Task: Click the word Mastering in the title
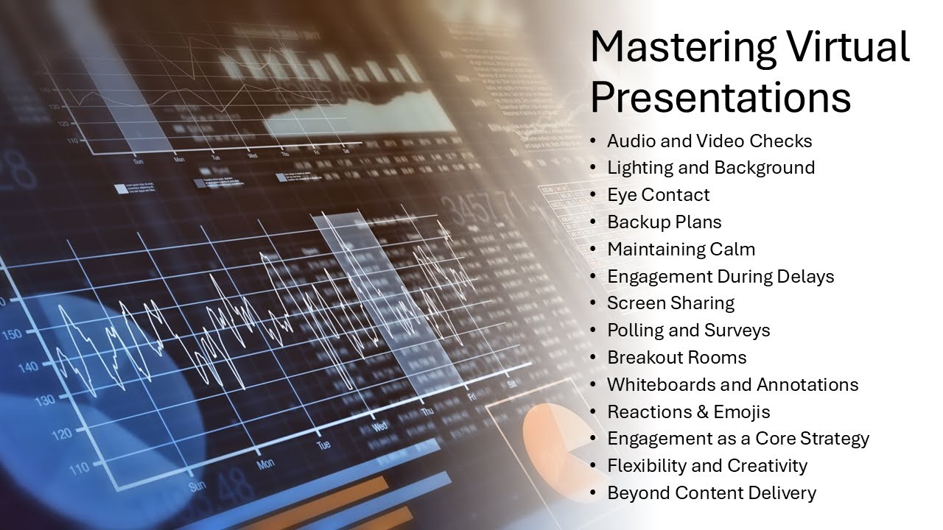(x=681, y=49)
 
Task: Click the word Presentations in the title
(x=721, y=96)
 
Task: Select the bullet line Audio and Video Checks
(x=709, y=141)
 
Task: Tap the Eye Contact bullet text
(x=659, y=195)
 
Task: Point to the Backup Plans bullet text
(x=665, y=222)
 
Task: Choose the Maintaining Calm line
(x=681, y=250)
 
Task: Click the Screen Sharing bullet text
(x=670, y=303)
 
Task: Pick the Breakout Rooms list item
(x=676, y=358)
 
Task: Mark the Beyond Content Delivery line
(x=711, y=493)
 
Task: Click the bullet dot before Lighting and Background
(x=595, y=168)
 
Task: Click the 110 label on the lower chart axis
(x=78, y=466)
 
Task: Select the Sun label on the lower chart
(x=197, y=487)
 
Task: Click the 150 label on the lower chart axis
(x=12, y=335)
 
